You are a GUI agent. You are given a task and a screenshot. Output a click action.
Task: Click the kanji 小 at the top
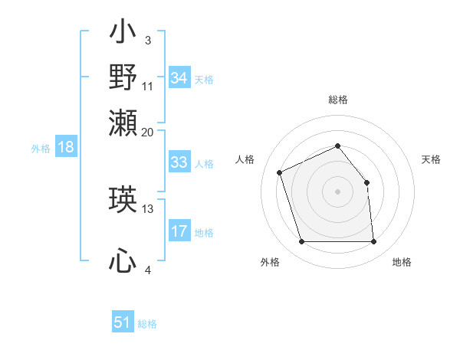pyautogui.click(x=123, y=34)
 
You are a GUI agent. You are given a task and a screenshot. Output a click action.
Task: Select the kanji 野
pyautogui.click(x=123, y=77)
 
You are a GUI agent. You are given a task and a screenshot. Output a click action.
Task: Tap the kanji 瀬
pyautogui.click(x=123, y=122)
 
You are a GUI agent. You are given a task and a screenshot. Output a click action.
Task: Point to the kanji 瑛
pyautogui.click(x=123, y=201)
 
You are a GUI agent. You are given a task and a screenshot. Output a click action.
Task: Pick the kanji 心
pyautogui.click(x=123, y=262)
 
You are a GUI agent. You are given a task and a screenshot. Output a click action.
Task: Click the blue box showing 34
pyautogui.click(x=179, y=78)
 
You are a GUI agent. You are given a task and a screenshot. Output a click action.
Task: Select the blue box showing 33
pyautogui.click(x=179, y=162)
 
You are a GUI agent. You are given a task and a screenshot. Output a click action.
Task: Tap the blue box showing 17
pyautogui.click(x=179, y=231)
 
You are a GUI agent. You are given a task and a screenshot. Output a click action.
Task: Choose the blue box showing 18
pyautogui.click(x=66, y=147)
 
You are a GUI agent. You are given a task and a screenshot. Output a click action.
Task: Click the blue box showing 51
pyautogui.click(x=123, y=322)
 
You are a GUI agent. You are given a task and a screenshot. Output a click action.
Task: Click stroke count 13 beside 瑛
pyautogui.click(x=148, y=208)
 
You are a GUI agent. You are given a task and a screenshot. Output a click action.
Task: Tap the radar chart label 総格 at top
pyautogui.click(x=338, y=100)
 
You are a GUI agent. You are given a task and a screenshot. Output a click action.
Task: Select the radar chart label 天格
pyautogui.click(x=431, y=159)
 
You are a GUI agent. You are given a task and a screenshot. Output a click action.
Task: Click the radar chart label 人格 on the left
pyautogui.click(x=245, y=159)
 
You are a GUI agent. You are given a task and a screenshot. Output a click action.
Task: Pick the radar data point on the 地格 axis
pyautogui.click(x=374, y=242)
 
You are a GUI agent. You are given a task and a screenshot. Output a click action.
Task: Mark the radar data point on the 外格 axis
pyautogui.click(x=301, y=242)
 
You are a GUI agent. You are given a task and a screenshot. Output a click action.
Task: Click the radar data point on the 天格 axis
pyautogui.click(x=366, y=182)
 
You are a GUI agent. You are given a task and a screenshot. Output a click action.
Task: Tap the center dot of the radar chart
pyautogui.click(x=338, y=191)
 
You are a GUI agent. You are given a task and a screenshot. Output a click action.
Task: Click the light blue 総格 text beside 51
pyautogui.click(x=147, y=324)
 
